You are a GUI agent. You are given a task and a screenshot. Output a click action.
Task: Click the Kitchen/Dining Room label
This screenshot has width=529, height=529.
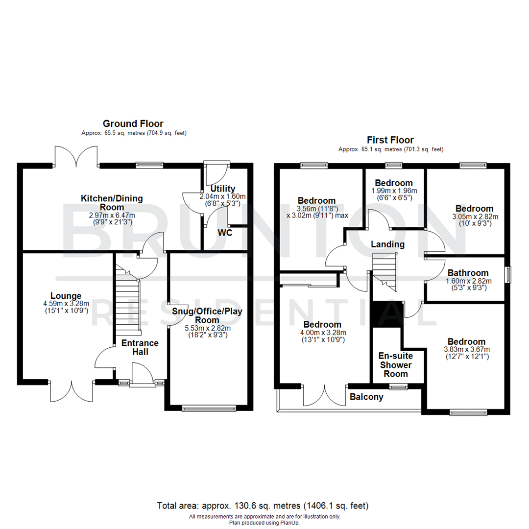click(x=112, y=203)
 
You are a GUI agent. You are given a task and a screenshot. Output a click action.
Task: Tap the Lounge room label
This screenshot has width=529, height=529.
click(x=66, y=296)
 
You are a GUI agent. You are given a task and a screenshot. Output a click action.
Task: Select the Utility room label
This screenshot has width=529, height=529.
click(x=223, y=189)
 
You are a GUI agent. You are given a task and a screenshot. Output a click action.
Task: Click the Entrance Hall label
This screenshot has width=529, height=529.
click(x=140, y=347)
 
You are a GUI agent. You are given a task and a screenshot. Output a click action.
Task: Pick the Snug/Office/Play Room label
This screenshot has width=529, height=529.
click(x=207, y=315)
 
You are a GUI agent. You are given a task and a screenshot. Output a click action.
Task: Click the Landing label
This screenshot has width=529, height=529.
click(x=387, y=244)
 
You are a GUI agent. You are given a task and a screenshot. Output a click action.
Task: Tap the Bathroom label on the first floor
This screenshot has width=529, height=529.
click(x=467, y=273)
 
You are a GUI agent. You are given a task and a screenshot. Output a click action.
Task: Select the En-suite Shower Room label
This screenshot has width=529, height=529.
click(x=396, y=365)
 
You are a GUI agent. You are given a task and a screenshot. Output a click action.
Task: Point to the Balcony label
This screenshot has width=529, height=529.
click(x=366, y=397)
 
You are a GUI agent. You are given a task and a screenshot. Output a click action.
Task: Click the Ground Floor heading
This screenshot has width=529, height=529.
click(x=133, y=124)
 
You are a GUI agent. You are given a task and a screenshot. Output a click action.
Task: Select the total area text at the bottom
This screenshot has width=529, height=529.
click(x=263, y=505)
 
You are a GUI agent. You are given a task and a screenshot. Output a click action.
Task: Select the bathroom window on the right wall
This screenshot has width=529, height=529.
click(x=508, y=274)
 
